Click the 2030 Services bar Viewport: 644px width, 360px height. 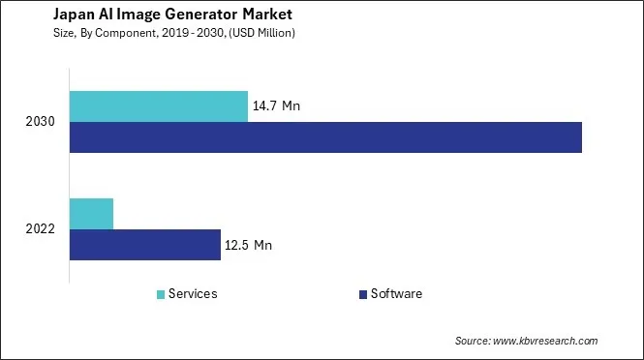159,106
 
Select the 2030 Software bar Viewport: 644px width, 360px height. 325,137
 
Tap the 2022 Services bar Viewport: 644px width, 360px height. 91,214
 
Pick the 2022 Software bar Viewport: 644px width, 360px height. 145,245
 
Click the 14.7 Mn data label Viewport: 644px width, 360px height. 276,105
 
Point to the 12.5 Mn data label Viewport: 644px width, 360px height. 248,246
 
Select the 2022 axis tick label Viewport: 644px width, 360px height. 42,229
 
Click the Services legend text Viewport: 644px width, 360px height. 193,293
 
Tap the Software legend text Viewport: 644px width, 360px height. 396,293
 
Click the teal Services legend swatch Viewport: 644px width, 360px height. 160,294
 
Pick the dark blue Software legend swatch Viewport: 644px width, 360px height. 362,294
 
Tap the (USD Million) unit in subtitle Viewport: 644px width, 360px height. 260,33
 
